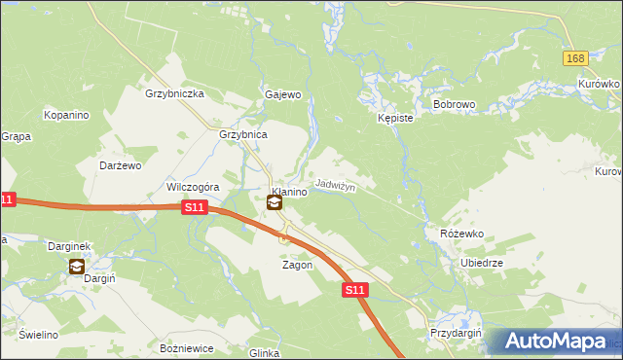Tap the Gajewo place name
[283, 95]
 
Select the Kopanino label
[66, 115]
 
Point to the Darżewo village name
[121, 165]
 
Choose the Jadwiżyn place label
[336, 185]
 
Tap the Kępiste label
[395, 118]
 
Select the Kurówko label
[598, 84]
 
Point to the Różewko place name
[461, 234]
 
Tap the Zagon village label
[297, 265]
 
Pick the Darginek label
[68, 247]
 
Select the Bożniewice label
[185, 347]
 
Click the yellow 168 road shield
[575, 59]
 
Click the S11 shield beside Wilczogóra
[194, 207]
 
